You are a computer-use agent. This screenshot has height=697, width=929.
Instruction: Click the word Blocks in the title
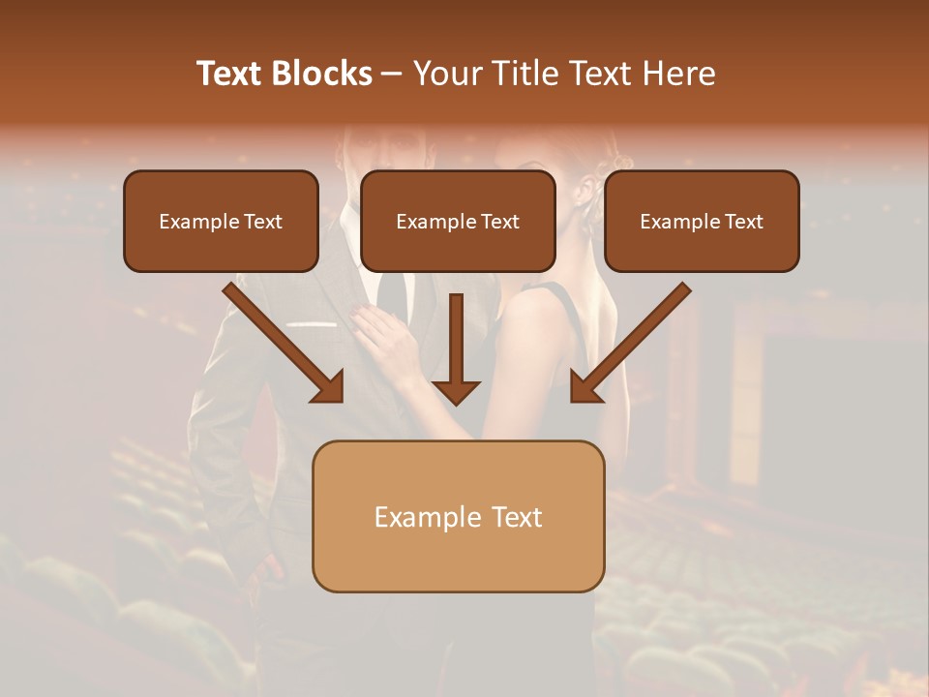(322, 74)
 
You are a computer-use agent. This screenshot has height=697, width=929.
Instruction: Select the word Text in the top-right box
(743, 222)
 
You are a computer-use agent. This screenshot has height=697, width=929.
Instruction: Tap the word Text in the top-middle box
(499, 222)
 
